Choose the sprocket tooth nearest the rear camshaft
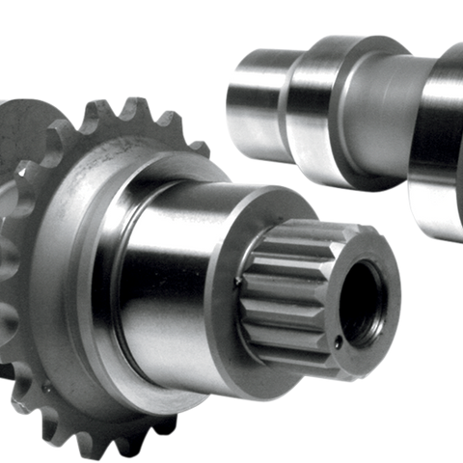point(198,145)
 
